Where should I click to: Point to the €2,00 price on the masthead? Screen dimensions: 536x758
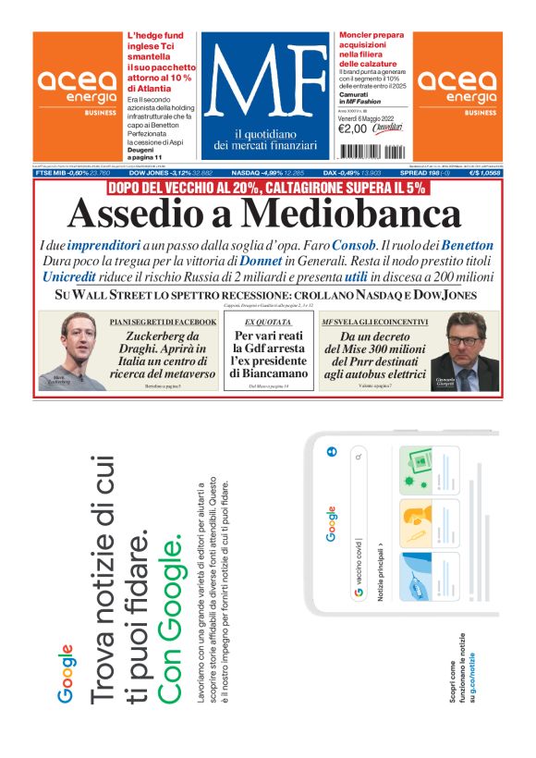point(353,128)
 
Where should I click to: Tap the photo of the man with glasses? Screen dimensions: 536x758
point(470,351)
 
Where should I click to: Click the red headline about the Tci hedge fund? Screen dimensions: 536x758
point(161,60)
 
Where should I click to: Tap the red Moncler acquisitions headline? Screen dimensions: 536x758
point(370,49)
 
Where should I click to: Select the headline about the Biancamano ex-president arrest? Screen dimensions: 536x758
point(268,354)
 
